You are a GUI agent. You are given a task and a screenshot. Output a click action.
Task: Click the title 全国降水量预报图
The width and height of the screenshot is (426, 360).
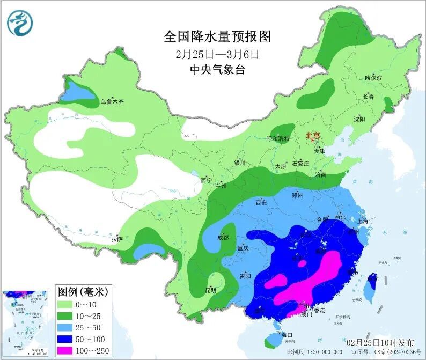(217, 36)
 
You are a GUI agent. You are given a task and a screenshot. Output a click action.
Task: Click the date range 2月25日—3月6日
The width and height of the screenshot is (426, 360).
(217, 54)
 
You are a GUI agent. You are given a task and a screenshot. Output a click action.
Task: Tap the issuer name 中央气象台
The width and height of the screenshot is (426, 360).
(217, 70)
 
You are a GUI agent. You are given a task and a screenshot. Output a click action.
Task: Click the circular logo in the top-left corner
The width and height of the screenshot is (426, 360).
(20, 23)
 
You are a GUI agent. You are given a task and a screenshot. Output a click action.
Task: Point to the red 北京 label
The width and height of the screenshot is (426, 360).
(312, 136)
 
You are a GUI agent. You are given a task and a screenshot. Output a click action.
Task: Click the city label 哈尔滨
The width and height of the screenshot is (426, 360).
(373, 78)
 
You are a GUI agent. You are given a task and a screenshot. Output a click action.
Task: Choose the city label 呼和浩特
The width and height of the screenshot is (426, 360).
(278, 138)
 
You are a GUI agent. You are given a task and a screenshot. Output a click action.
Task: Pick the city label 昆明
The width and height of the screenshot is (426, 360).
(211, 290)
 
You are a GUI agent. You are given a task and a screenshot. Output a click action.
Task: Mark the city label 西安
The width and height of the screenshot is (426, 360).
(261, 203)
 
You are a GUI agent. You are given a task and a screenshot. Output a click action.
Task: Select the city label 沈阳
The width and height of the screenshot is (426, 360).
(359, 119)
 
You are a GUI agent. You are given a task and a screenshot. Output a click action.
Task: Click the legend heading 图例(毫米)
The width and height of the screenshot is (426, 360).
(83, 292)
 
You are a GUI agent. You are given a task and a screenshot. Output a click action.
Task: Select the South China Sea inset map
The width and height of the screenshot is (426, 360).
(27, 322)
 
